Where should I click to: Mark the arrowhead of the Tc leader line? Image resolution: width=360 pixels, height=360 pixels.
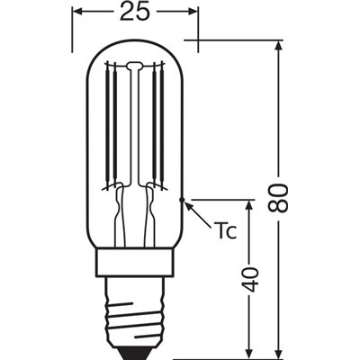(x=187, y=204)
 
